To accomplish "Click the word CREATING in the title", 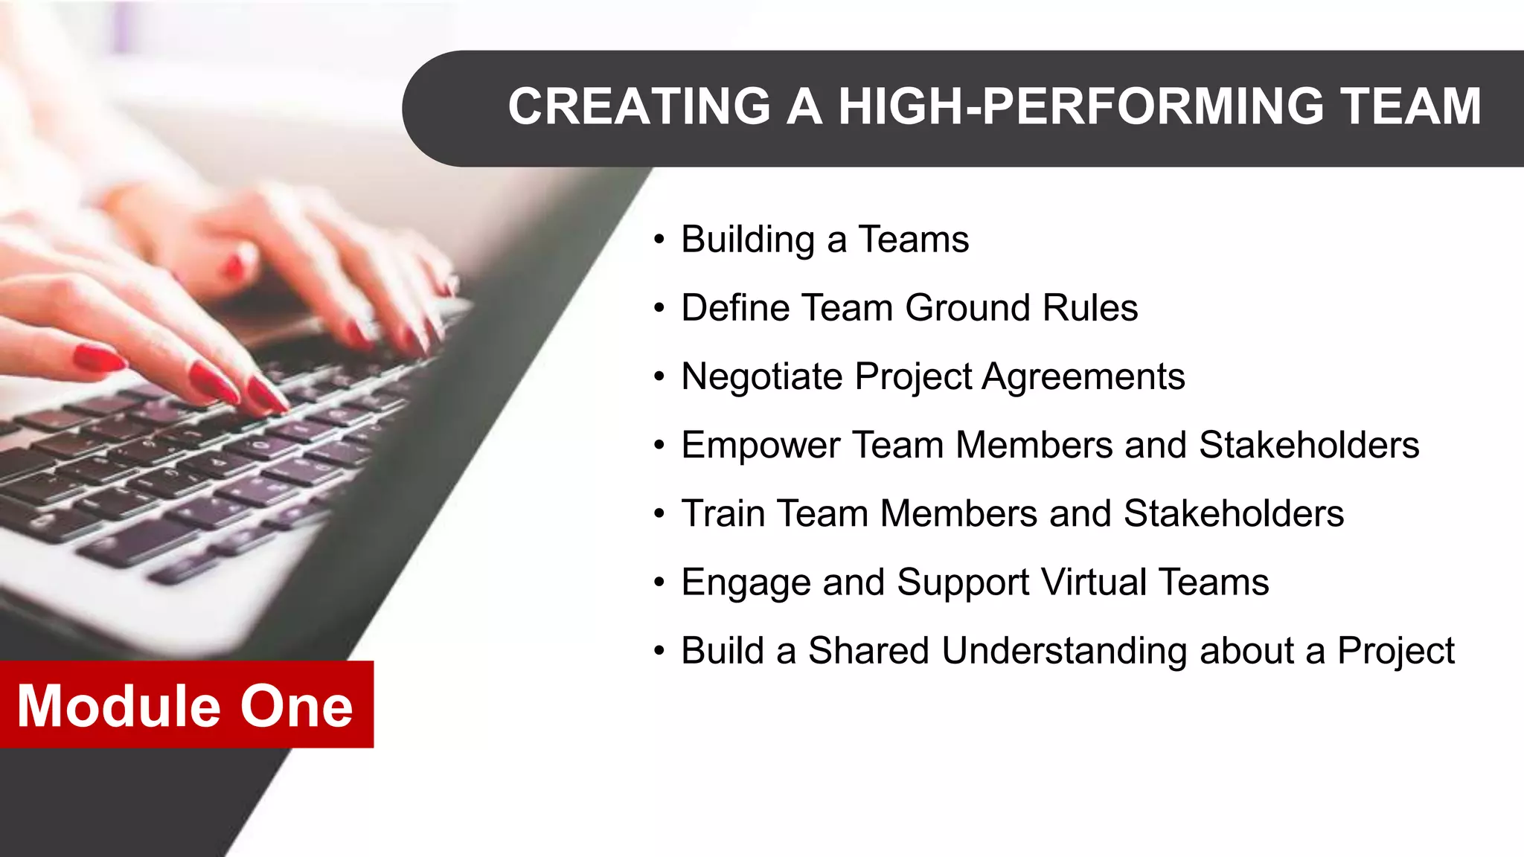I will [639, 106].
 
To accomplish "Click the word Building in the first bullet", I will [748, 240].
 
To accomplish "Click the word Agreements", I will [1083, 376].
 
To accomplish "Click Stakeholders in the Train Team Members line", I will [1234, 513].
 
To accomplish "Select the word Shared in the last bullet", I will [868, 650].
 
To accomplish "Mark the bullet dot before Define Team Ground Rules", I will [659, 308].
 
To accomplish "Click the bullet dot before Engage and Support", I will [659, 582].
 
